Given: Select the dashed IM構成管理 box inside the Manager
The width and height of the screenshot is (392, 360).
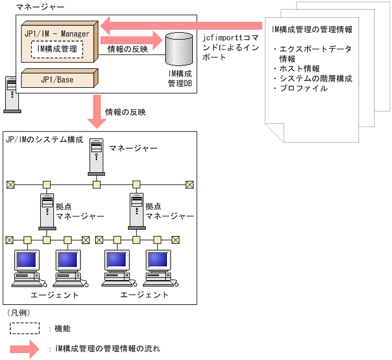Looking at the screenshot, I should pos(57,50).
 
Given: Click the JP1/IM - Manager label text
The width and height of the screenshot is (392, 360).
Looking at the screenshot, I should pos(57,34).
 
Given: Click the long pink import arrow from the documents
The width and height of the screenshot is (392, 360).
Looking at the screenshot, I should pos(184,25).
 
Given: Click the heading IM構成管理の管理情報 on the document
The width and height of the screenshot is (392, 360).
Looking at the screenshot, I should pos(312,28).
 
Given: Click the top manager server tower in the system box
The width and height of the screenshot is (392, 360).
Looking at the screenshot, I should pos(97,157).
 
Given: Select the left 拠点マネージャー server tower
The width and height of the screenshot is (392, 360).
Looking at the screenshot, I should pos(46,211).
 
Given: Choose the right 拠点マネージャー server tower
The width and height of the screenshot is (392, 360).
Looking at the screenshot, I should pos(136,211).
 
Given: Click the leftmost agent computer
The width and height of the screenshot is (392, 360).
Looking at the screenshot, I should pos(26,268).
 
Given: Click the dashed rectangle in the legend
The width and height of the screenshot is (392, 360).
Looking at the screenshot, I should pos(24,328).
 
